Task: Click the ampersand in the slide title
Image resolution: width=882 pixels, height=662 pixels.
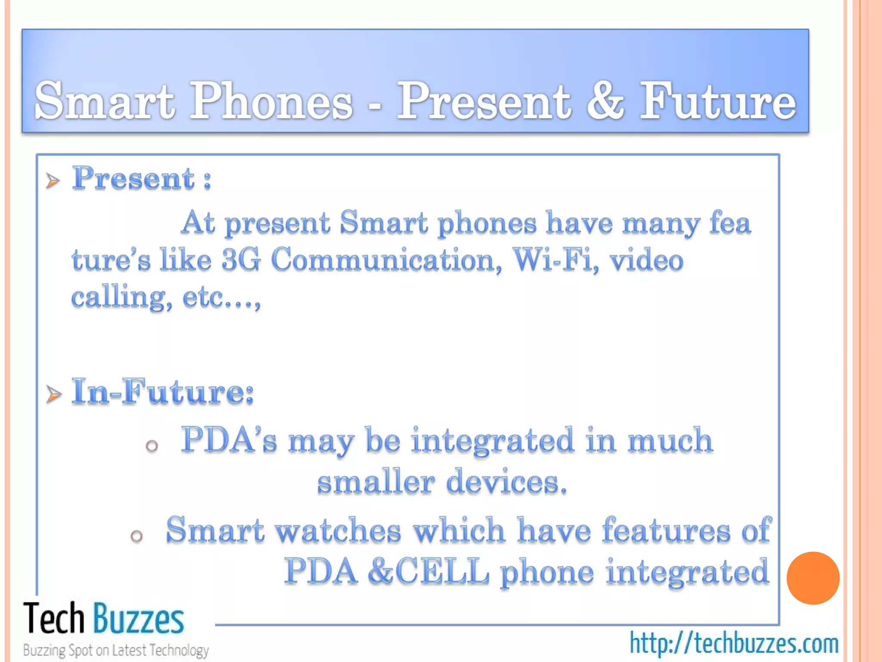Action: (x=605, y=102)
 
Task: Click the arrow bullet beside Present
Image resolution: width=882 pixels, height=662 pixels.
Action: (x=53, y=181)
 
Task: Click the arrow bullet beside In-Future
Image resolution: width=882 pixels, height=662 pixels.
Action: (x=54, y=394)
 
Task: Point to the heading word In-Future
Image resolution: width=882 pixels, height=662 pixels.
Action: (x=163, y=391)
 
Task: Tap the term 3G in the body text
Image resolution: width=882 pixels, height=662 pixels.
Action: (x=241, y=260)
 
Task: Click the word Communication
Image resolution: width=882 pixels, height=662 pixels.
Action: (x=386, y=260)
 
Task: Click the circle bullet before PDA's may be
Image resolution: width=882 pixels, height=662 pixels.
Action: (x=152, y=446)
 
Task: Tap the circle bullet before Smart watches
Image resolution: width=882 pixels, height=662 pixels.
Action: (x=137, y=536)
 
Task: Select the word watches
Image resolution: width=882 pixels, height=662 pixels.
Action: (x=339, y=531)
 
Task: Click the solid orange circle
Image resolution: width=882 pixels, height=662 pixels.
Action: (x=813, y=578)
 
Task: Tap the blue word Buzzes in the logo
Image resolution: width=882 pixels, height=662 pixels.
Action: (x=139, y=619)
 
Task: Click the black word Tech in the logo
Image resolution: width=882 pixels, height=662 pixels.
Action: (x=54, y=619)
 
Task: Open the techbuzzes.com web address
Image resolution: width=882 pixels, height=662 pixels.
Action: (x=734, y=643)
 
